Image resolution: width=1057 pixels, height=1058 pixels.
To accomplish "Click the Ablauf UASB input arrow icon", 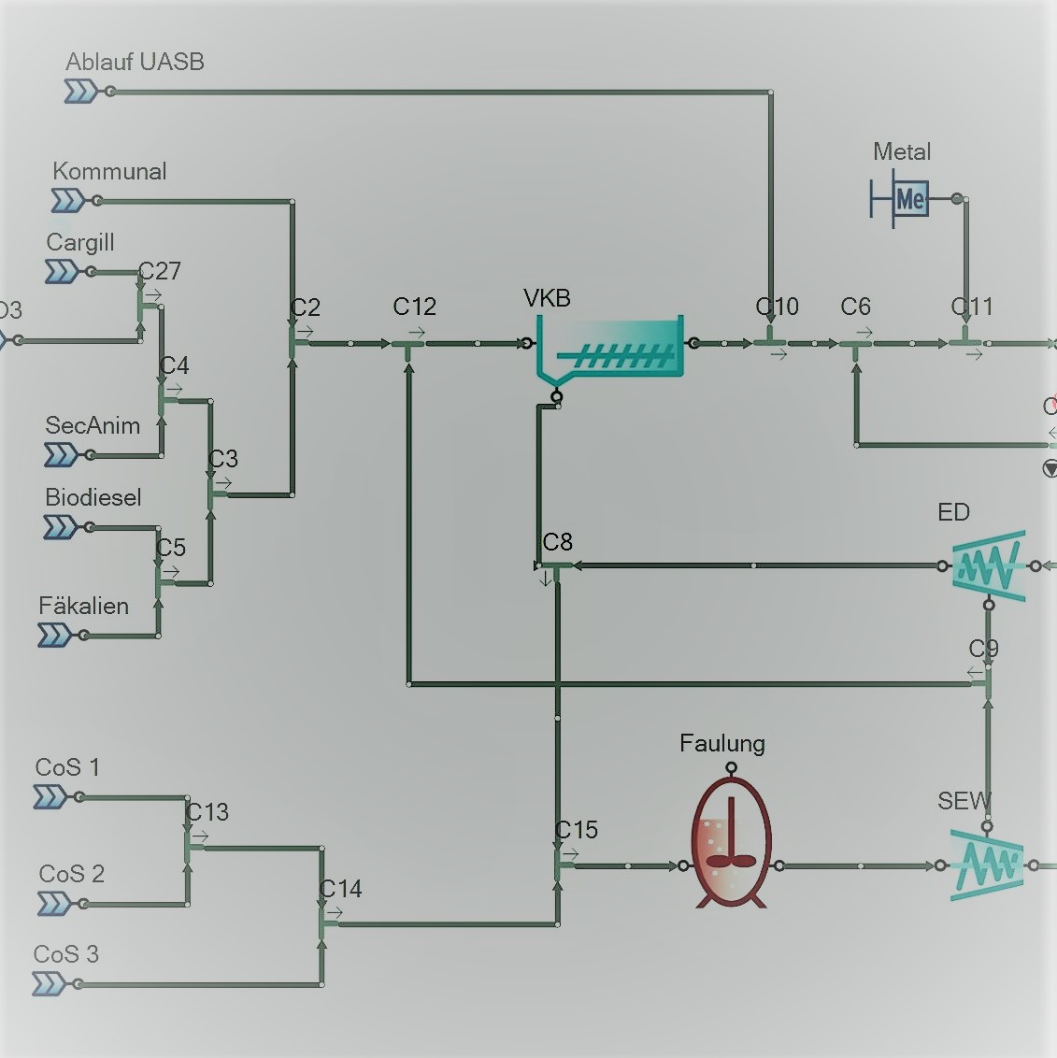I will [x=80, y=92].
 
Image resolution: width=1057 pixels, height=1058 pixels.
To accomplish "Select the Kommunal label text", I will [x=109, y=171].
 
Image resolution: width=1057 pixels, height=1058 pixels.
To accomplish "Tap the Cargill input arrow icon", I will [x=62, y=271].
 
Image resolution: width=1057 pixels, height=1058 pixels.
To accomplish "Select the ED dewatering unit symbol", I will [x=988, y=565].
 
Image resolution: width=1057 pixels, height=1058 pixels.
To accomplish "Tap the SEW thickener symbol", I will [x=986, y=865].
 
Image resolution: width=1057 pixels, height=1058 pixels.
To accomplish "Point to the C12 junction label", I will [x=414, y=307].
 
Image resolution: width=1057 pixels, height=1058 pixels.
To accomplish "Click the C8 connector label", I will [x=557, y=542].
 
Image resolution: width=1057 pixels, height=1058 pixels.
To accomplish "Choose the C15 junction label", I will [x=577, y=830].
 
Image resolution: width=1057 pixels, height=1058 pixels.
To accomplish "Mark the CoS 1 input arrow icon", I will [x=50, y=797].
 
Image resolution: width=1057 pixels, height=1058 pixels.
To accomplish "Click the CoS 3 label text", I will [x=65, y=954].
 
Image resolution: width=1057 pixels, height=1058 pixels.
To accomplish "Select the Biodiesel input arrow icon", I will [x=61, y=528].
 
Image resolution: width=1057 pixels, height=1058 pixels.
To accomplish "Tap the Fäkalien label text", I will [x=83, y=606].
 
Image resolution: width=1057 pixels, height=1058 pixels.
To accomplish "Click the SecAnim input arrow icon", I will [x=62, y=455].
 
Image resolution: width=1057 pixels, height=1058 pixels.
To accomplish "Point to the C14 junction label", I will [x=340, y=889].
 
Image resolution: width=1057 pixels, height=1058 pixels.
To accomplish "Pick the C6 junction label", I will [x=855, y=307].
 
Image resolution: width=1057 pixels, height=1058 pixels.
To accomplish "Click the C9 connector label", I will [x=983, y=649].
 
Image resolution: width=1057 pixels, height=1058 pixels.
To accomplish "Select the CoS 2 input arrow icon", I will [x=54, y=904].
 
